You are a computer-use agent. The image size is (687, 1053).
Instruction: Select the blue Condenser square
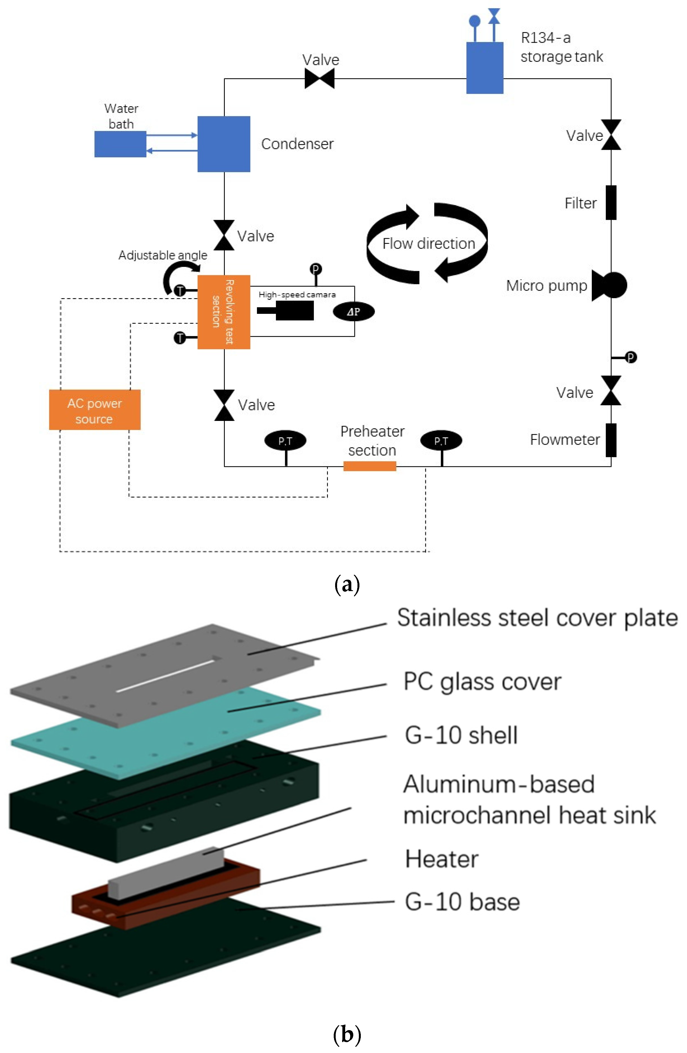point(224,144)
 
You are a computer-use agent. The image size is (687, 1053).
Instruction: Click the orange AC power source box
point(94,410)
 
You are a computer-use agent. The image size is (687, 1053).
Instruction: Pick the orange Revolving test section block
point(224,312)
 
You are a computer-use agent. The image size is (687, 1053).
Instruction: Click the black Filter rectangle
point(611,203)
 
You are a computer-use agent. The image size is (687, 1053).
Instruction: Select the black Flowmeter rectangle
point(611,440)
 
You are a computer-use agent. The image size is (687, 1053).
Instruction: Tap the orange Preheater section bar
point(369,466)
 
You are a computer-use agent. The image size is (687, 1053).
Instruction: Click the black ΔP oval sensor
point(354,312)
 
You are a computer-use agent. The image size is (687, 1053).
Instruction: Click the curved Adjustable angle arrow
point(177,274)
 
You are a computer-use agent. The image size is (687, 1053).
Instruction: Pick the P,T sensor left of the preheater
point(285,441)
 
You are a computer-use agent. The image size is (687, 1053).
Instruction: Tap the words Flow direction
point(428,243)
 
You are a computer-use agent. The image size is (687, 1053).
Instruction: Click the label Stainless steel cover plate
point(537,618)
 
